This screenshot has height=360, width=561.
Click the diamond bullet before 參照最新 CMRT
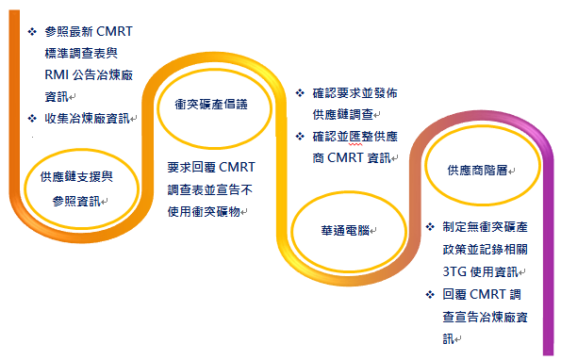coord(33,31)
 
